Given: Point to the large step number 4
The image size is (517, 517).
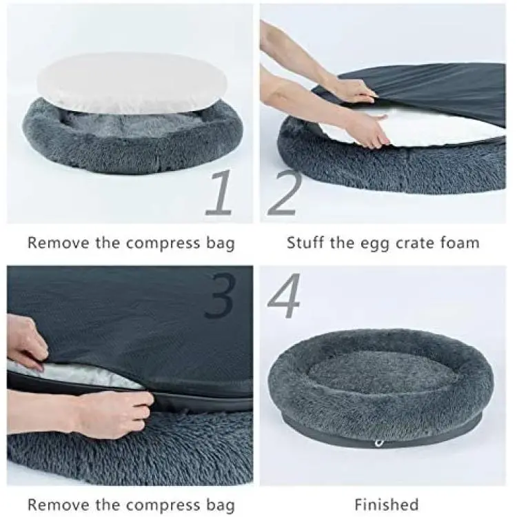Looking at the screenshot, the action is pos(284,295).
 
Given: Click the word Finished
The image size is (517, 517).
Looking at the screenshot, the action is pos(387,505).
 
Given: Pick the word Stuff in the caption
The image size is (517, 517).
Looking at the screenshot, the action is pos(305,243).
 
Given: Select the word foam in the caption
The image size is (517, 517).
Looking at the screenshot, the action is pos(460,243).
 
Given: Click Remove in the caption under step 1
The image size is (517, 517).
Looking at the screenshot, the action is pos(59,243).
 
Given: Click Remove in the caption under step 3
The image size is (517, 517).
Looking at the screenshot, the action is pos(59,505).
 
